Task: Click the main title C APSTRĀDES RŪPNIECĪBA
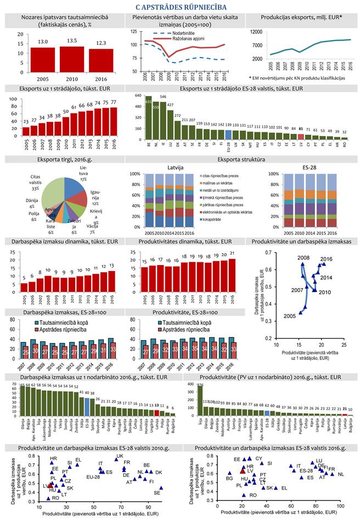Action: (180, 7)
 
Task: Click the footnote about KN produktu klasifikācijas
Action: (295, 78)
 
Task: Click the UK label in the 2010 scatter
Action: (120, 457)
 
